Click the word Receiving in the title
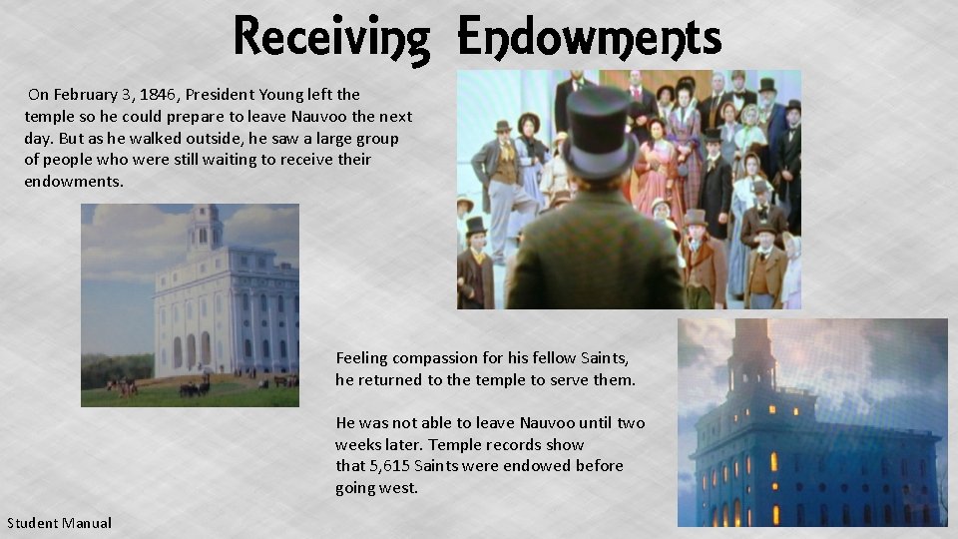[332, 38]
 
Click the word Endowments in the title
[589, 38]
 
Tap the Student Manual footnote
[60, 523]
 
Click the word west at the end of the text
[397, 488]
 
